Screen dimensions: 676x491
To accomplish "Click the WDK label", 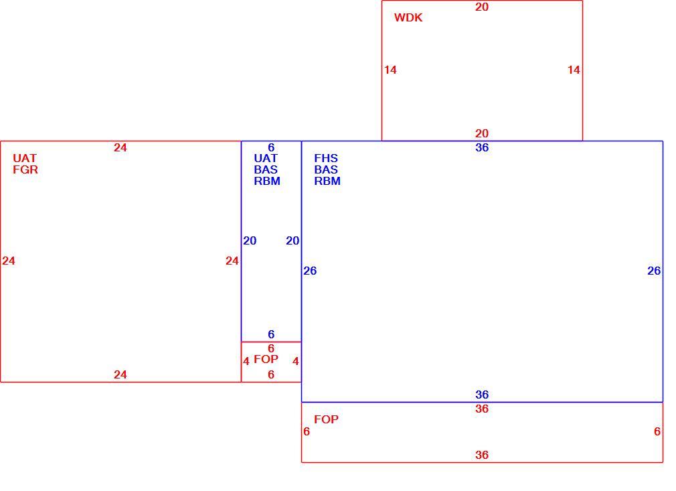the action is pos(408,17).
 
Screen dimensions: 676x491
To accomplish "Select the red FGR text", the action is pos(25,169).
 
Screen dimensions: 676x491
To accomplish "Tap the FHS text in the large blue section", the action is pos(326,158).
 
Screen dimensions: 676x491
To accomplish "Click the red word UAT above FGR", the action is pos(25,158).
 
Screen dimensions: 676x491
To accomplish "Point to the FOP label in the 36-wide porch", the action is pos(327,419).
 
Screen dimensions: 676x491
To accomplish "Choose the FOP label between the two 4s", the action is pos(266,359).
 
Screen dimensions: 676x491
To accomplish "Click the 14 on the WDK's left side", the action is pos(391,70).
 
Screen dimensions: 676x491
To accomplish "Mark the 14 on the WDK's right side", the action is pos(574,70).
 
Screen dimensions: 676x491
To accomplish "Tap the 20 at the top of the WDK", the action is pos(482,7).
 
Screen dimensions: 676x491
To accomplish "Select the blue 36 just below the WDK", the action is pos(482,147).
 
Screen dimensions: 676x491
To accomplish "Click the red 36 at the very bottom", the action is pos(482,455).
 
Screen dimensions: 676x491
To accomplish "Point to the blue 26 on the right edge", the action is pos(654,271).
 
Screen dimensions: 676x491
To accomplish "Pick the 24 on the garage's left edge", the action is pos(9,261).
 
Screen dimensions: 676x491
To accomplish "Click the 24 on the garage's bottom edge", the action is pos(120,374).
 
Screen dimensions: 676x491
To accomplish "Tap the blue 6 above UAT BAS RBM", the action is pos(271,147).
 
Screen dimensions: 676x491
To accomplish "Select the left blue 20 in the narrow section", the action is pos(250,240).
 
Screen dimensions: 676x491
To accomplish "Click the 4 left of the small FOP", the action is pos(246,361).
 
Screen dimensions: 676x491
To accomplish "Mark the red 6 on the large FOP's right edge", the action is pos(657,431).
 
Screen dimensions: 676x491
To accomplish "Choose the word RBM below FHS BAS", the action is pos(327,182).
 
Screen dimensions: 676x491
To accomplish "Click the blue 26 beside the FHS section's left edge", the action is pos(310,271).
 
